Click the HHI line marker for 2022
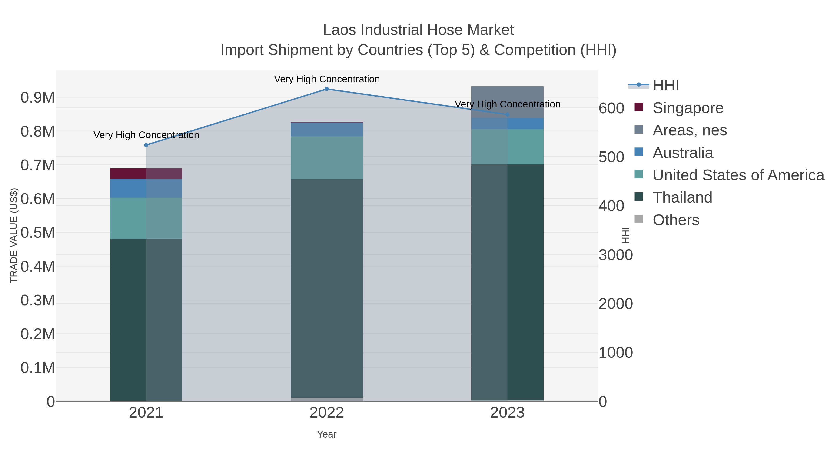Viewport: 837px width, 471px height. coord(327,89)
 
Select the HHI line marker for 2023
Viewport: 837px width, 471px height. coord(507,114)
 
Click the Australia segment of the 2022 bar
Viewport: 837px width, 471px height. coord(327,129)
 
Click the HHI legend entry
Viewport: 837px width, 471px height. coord(665,86)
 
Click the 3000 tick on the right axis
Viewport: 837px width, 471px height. coord(615,255)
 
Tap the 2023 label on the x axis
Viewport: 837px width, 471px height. coord(507,413)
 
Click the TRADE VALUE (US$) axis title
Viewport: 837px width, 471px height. coord(14,235)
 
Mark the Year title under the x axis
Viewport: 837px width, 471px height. coord(327,434)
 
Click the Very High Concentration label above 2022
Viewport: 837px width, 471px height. coord(327,79)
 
